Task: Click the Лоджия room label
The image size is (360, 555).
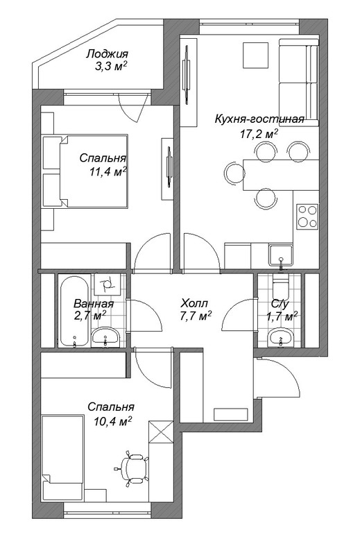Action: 108,54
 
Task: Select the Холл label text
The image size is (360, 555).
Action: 194,303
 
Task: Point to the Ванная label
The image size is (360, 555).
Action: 94,304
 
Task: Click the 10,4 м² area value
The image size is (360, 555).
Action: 113,421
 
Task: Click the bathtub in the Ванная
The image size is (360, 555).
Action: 74,311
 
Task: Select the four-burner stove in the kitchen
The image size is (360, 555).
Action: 307,216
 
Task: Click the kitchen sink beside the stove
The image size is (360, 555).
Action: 281,255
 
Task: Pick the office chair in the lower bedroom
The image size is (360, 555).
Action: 134,467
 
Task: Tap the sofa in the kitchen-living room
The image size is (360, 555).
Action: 299,82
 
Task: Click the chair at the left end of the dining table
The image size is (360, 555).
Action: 234,173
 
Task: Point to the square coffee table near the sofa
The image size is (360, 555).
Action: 255,55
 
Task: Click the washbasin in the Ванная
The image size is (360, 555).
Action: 105,337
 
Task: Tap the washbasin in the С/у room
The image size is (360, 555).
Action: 281,336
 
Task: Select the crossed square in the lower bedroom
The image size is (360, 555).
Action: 161,432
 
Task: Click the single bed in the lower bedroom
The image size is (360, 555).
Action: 62,457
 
